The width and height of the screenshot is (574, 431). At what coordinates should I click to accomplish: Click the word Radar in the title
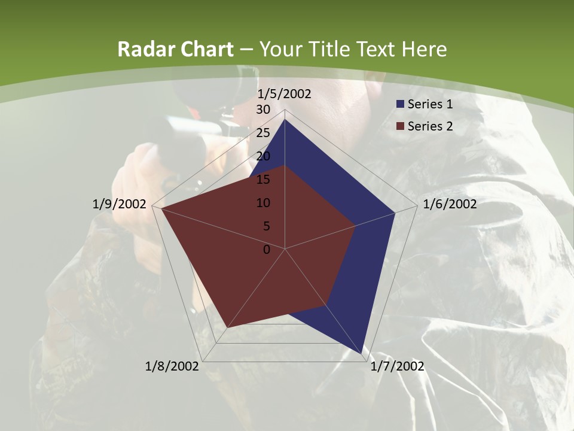141,49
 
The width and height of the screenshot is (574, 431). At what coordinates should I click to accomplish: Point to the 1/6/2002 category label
450,204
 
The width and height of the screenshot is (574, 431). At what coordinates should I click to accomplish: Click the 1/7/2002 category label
397,366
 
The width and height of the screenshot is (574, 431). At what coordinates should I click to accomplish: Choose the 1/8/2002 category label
172,366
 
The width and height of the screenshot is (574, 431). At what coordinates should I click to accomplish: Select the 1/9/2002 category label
119,204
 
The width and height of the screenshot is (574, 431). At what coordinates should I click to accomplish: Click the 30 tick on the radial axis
263,110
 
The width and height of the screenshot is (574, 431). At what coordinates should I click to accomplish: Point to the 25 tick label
263,133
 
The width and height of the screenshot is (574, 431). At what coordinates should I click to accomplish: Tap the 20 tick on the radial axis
263,156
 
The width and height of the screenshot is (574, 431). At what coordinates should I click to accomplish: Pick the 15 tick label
263,180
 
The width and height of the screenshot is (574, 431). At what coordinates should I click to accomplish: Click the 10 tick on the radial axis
263,203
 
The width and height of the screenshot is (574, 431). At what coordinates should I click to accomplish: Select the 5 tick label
267,226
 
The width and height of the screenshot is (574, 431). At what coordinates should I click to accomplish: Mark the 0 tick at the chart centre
267,250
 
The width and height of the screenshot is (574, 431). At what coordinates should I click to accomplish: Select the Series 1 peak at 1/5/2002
285,120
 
